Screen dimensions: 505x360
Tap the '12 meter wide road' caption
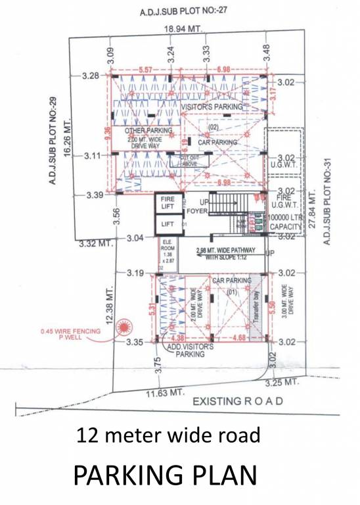(168, 435)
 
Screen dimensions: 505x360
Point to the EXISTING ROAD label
(238, 400)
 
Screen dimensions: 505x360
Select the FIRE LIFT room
(167, 203)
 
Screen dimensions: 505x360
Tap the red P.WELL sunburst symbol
(122, 326)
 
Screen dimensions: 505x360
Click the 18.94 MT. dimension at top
(183, 30)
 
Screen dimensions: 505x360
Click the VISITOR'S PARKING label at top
(212, 106)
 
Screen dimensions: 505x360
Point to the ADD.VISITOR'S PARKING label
(190, 350)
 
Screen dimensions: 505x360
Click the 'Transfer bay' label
(257, 308)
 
